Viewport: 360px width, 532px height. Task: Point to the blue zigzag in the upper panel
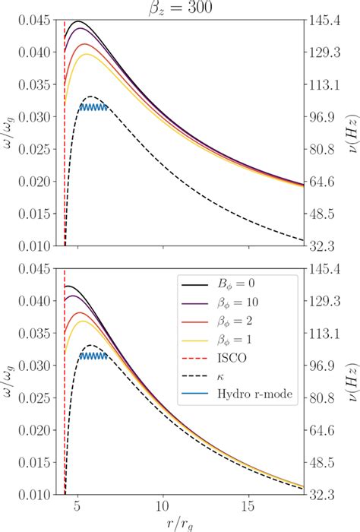click(x=93, y=107)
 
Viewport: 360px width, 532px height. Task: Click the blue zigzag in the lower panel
click(x=93, y=356)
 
